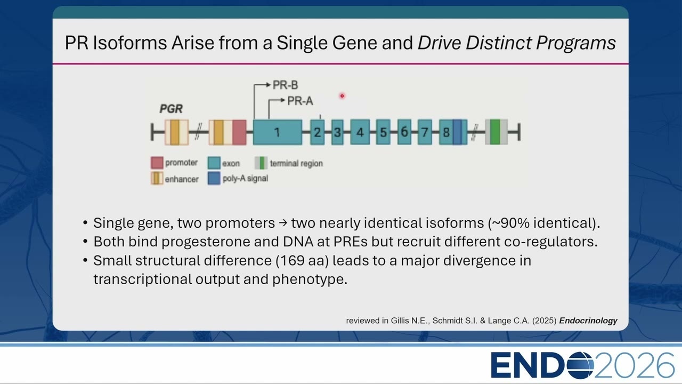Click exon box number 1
click(x=278, y=132)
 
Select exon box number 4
click(x=360, y=132)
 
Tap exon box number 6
click(x=404, y=132)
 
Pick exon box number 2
click(x=317, y=132)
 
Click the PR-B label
click(x=285, y=85)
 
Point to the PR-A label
click(x=300, y=101)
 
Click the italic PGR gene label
click(x=171, y=109)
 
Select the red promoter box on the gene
click(x=240, y=132)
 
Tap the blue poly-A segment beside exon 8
click(x=457, y=132)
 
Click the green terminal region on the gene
click(x=495, y=132)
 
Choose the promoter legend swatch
click(x=157, y=163)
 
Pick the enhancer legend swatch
click(x=157, y=179)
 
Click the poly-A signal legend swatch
click(x=214, y=179)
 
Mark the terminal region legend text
click(x=296, y=164)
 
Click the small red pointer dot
click(x=342, y=96)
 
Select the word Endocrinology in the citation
click(x=588, y=321)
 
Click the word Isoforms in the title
click(x=130, y=42)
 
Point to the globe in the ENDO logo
click(x=580, y=365)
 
